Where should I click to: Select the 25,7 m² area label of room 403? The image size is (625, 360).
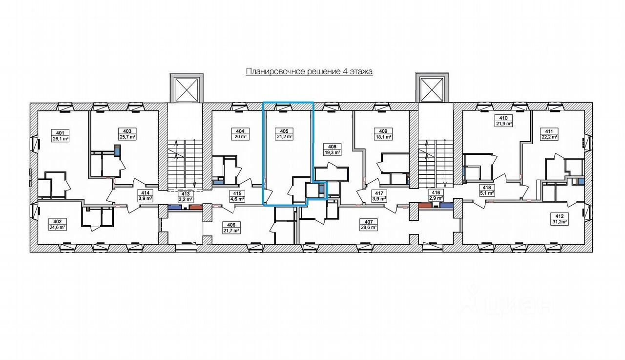(x=127, y=137)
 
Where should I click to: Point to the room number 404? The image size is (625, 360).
(x=240, y=131)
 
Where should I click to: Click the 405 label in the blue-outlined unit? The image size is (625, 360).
(x=284, y=131)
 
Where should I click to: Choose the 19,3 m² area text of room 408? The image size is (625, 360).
(x=333, y=152)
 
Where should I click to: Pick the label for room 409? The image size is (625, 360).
(x=383, y=131)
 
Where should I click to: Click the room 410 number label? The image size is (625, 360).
(x=504, y=118)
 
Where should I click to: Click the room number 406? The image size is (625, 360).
(x=231, y=224)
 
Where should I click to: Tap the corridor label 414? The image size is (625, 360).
(x=145, y=192)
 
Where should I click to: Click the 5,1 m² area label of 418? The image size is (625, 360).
(x=486, y=193)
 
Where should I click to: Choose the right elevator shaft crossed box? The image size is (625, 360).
(x=431, y=89)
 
